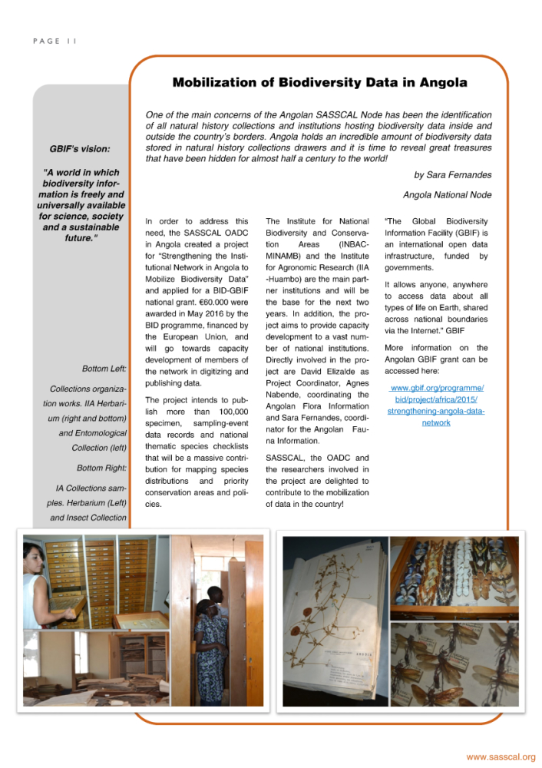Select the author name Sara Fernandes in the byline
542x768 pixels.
[458, 175]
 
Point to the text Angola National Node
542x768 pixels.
[447, 195]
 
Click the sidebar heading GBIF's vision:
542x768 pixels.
[80, 148]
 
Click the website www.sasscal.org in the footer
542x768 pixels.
[501, 756]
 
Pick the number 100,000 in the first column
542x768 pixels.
[230, 412]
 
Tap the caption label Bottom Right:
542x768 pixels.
[101, 468]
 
